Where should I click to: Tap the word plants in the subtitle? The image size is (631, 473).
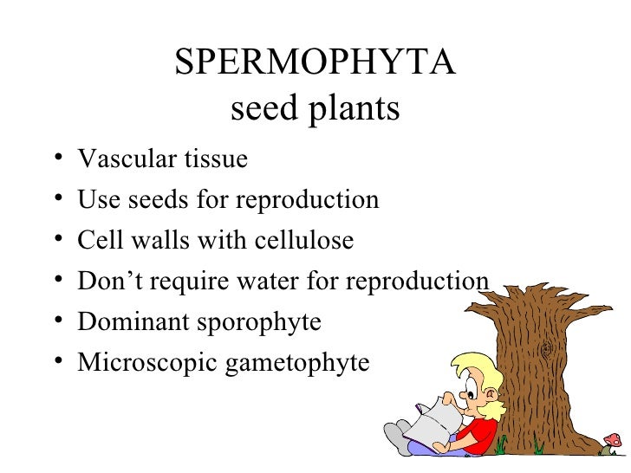[x=352, y=110]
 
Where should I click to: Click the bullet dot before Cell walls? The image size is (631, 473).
[x=56, y=241]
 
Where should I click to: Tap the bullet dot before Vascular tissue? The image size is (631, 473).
[x=56, y=160]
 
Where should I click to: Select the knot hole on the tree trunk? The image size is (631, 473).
[x=547, y=348]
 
